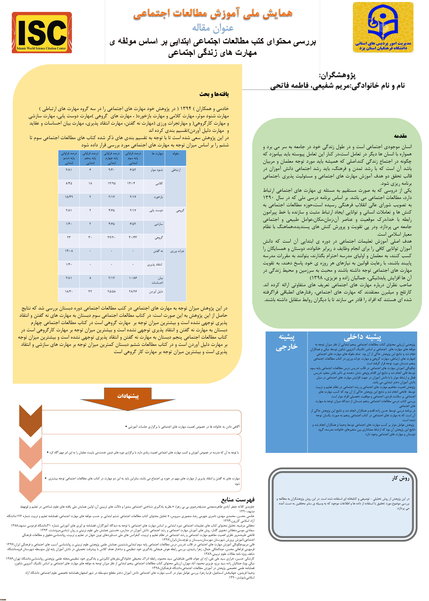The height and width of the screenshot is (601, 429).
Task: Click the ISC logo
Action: (x=42, y=32)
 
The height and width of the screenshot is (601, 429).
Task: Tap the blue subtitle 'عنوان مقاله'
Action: (x=213, y=27)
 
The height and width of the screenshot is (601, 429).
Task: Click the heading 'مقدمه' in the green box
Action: (x=400, y=136)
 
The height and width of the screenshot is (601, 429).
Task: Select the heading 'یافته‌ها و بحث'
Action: (x=214, y=94)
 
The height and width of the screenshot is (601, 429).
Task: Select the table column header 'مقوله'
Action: (x=176, y=154)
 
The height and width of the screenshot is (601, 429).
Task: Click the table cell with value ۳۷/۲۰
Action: (x=111, y=237)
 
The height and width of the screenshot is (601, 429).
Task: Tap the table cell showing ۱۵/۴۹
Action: (x=69, y=197)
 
